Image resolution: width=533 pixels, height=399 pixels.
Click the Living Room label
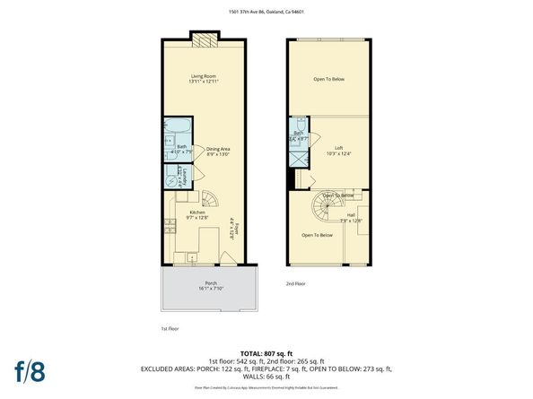tap(205, 78)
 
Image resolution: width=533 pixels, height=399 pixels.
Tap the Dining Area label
tap(218, 152)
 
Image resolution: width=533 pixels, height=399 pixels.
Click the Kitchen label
tap(197, 214)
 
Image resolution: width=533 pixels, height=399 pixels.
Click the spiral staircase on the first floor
tap(209, 199)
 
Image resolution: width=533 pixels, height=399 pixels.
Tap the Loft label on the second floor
tap(339, 150)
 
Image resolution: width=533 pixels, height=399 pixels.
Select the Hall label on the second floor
tap(353, 217)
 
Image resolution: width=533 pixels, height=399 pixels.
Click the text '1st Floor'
tap(170, 328)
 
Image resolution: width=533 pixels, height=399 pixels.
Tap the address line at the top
tap(266, 12)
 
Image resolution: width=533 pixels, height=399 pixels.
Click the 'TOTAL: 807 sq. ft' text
tap(266, 352)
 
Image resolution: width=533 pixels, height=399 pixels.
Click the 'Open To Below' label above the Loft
tap(328, 80)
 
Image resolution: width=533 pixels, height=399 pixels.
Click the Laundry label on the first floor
tap(183, 177)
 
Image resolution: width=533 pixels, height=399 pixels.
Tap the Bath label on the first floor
tap(182, 148)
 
